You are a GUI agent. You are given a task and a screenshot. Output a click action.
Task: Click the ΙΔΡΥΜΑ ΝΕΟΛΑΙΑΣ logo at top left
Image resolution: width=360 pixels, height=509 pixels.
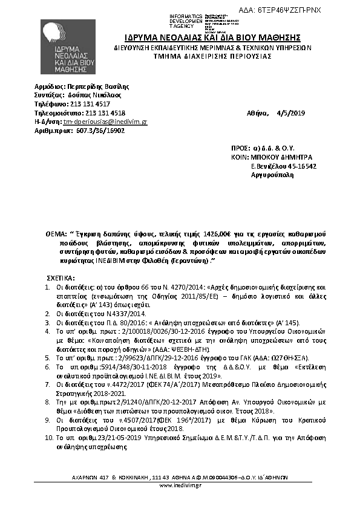tap(68, 48)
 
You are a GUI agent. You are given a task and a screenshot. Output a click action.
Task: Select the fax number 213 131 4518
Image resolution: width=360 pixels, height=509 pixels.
tap(105, 112)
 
